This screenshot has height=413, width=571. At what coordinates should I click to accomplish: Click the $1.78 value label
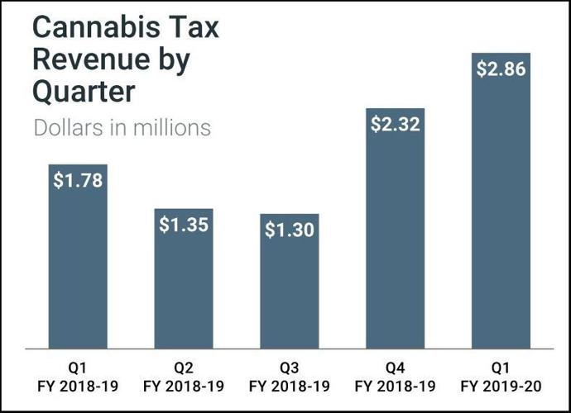point(78,181)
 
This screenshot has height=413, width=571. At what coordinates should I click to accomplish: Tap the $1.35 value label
point(184,225)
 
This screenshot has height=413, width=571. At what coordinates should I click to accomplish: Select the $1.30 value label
point(289,230)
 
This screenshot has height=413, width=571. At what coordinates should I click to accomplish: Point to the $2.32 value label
point(395,125)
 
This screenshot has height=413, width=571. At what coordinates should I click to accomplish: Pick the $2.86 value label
point(501,69)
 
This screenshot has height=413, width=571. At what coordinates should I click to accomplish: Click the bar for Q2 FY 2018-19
point(184,289)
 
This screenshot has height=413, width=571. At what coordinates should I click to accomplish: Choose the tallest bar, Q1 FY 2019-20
point(501,206)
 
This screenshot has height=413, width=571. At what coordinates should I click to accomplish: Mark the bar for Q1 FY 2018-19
point(78,264)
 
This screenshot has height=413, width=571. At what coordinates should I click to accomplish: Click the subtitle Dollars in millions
point(122,128)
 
